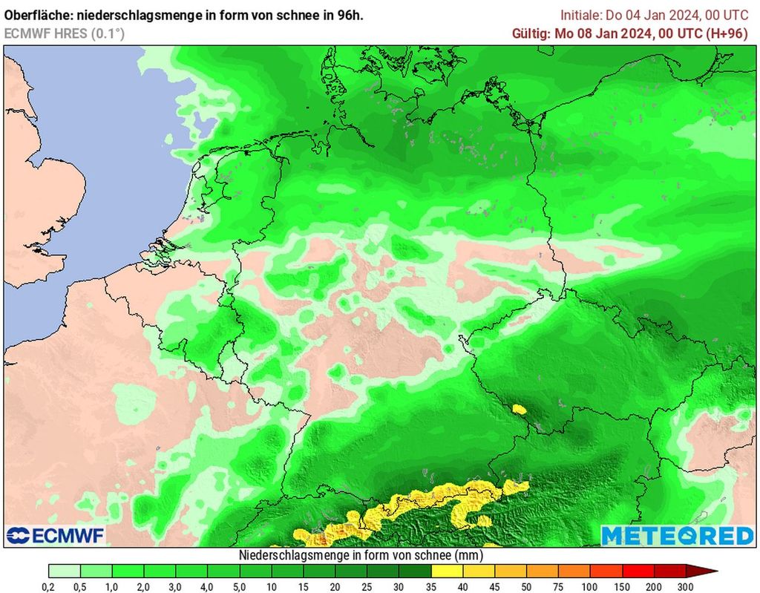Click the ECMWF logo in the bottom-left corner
56,535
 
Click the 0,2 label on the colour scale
49,586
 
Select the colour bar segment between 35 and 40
448,571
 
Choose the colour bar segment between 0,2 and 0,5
65,571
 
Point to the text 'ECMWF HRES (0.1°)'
65,33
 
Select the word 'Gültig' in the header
531,33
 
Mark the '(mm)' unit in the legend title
468,554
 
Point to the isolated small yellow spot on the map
519,408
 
